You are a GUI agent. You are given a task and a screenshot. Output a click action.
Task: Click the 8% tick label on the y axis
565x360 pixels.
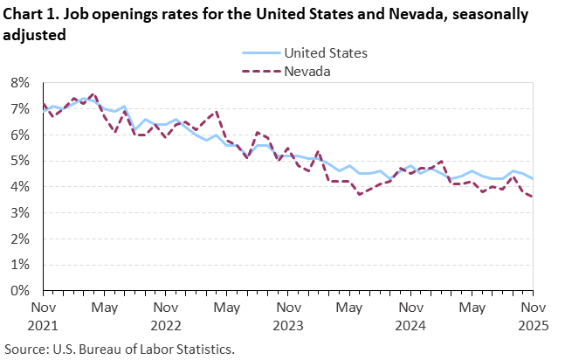(20, 82)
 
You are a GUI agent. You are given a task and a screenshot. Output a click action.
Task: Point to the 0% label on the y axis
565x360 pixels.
(20, 290)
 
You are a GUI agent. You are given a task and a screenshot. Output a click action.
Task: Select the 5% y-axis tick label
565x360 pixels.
(20, 161)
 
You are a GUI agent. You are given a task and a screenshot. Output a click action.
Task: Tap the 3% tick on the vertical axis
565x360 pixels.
(20, 212)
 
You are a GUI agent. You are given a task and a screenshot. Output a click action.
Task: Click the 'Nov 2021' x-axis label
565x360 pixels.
(43, 315)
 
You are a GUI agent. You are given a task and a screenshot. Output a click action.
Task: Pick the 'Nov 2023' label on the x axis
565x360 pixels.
(286, 315)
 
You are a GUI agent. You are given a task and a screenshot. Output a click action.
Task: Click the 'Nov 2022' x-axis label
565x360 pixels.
(164, 315)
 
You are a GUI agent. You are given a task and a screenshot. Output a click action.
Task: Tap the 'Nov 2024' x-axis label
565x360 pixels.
(407, 315)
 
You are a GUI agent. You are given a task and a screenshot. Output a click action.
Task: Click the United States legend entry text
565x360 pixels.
(322, 52)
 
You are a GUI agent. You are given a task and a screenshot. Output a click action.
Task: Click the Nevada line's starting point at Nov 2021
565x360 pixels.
(43, 104)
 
